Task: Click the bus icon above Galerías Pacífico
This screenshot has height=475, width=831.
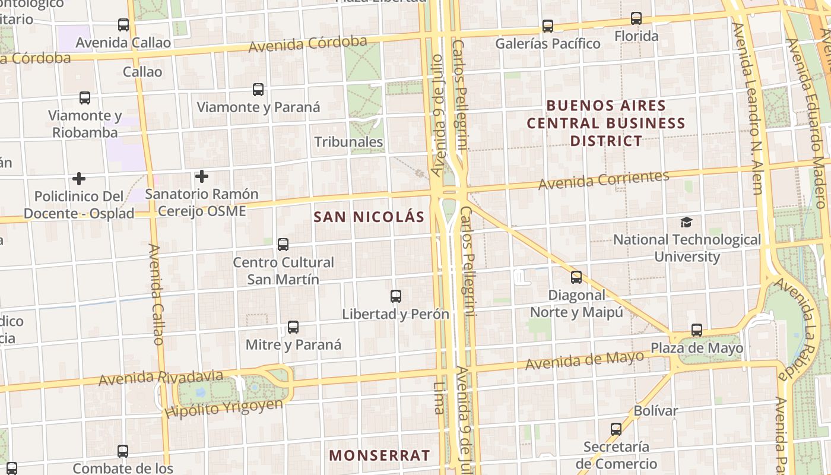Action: pyautogui.click(x=547, y=26)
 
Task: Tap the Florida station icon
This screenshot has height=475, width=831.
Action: pyautogui.click(x=636, y=18)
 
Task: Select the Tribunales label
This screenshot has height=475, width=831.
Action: pyautogui.click(x=348, y=142)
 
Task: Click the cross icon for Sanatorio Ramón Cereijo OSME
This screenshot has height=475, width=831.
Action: pyautogui.click(x=202, y=176)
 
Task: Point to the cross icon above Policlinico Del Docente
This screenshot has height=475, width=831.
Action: pyautogui.click(x=79, y=179)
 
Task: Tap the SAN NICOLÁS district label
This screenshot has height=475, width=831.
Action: pyautogui.click(x=369, y=217)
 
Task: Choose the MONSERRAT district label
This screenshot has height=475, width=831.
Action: pyautogui.click(x=379, y=455)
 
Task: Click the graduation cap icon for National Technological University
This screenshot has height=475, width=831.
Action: pyautogui.click(x=686, y=223)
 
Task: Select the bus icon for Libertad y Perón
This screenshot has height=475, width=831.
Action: pyautogui.click(x=396, y=296)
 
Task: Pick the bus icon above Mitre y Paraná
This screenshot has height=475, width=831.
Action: pyautogui.click(x=293, y=327)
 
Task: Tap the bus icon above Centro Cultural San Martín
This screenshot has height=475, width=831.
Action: pyautogui.click(x=283, y=245)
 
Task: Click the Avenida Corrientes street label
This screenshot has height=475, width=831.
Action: pyautogui.click(x=604, y=180)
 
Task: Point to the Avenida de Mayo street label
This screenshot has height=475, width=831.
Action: pyautogui.click(x=585, y=360)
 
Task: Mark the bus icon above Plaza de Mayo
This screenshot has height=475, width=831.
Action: pyautogui.click(x=697, y=330)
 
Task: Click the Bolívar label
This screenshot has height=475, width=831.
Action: pyautogui.click(x=655, y=411)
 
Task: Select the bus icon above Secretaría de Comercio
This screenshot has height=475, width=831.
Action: pyautogui.click(x=616, y=429)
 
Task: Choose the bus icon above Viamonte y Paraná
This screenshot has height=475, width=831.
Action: pyautogui.click(x=258, y=90)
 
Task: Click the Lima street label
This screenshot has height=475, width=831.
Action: pyautogui.click(x=439, y=397)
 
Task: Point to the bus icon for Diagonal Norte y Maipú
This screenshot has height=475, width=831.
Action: pyautogui.click(x=576, y=277)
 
